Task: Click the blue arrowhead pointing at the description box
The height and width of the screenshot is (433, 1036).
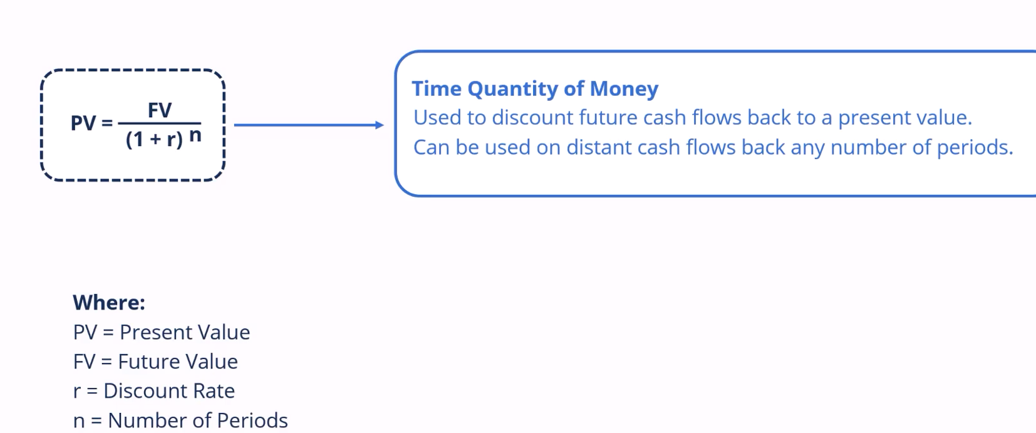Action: coord(379,125)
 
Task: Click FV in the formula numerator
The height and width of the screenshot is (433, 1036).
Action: coord(160,110)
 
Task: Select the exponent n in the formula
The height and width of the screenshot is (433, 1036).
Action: coord(195,135)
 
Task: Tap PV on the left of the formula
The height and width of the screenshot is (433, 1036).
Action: coord(83,123)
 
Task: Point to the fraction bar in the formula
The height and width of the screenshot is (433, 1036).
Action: coord(160,123)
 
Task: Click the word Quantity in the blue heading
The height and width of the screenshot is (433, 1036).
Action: coord(512,89)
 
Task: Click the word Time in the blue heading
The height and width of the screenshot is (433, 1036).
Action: coord(437,88)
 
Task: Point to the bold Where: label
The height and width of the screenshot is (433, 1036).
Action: coord(109,303)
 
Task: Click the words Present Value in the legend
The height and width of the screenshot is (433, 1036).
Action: coord(185,332)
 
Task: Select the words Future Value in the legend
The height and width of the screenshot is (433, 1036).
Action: coord(178,362)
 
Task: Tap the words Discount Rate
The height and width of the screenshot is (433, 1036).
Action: coord(169,391)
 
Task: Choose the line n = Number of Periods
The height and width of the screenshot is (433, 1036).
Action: coord(180,420)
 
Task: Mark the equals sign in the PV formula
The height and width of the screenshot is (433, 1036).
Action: coord(107,123)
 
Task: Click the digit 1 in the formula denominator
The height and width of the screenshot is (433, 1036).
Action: coord(138,139)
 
